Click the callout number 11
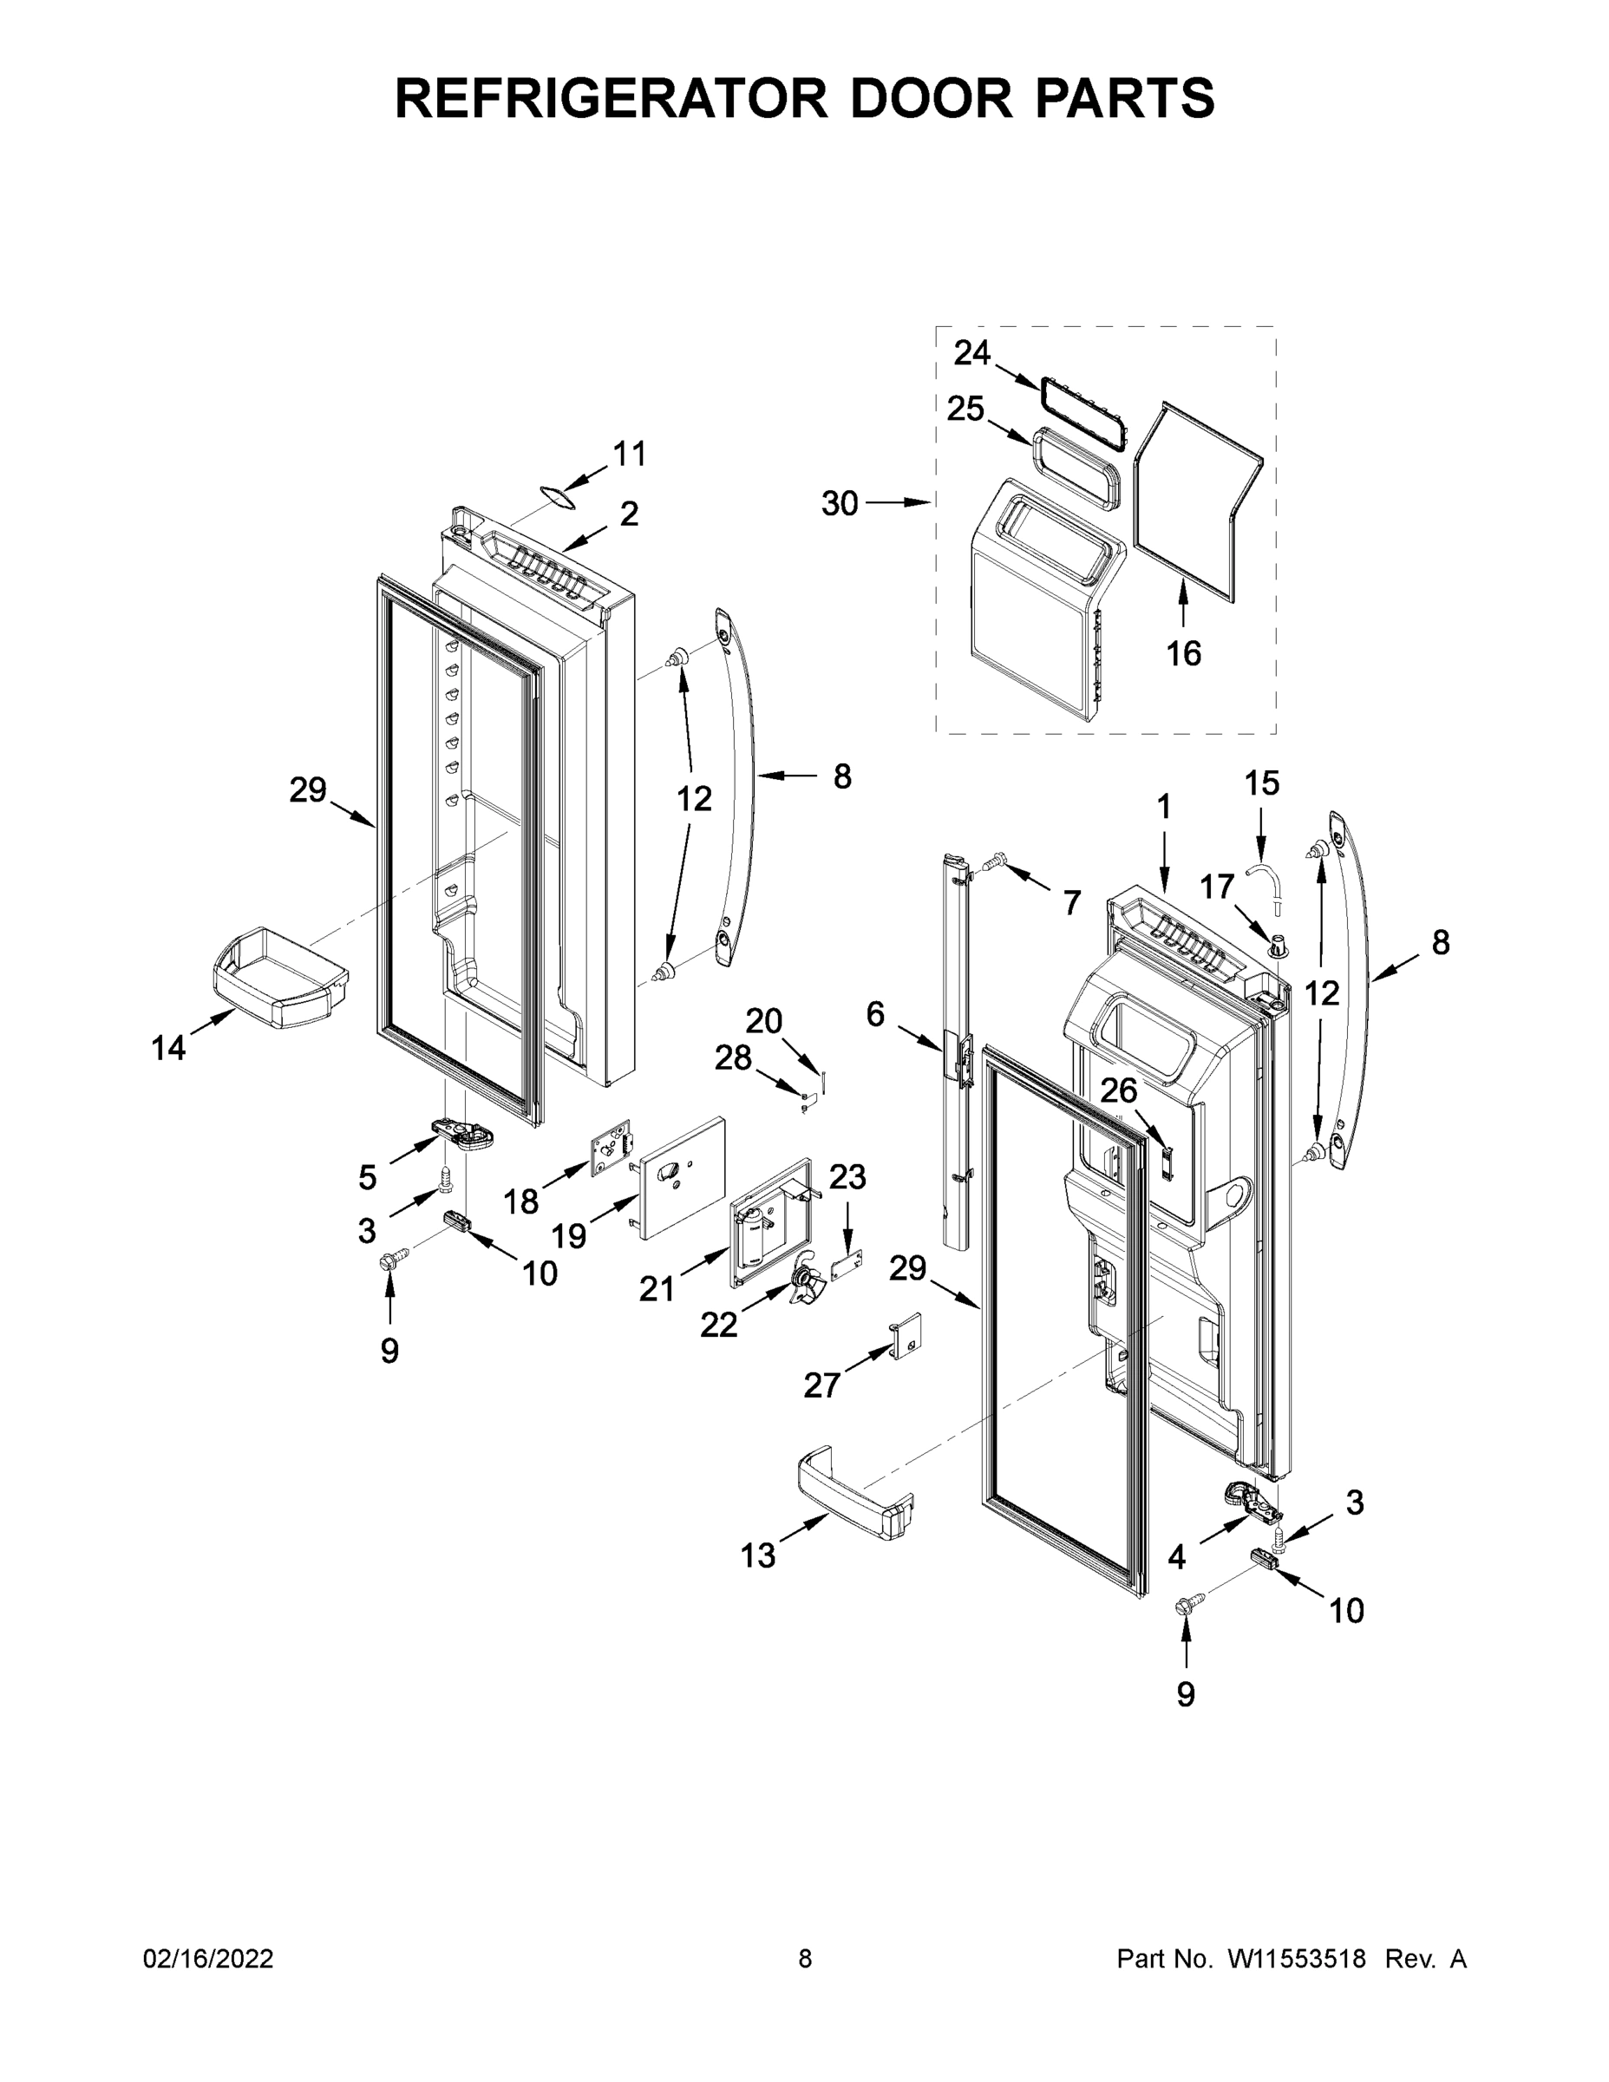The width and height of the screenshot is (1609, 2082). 629,455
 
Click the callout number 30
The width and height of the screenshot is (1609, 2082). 840,503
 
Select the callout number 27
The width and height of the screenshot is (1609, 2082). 821,1385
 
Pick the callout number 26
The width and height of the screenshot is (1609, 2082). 1119,1090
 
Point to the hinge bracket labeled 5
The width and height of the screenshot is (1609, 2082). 464,1135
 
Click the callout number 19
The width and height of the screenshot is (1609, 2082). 568,1236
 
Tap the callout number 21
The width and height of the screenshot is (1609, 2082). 656,1289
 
